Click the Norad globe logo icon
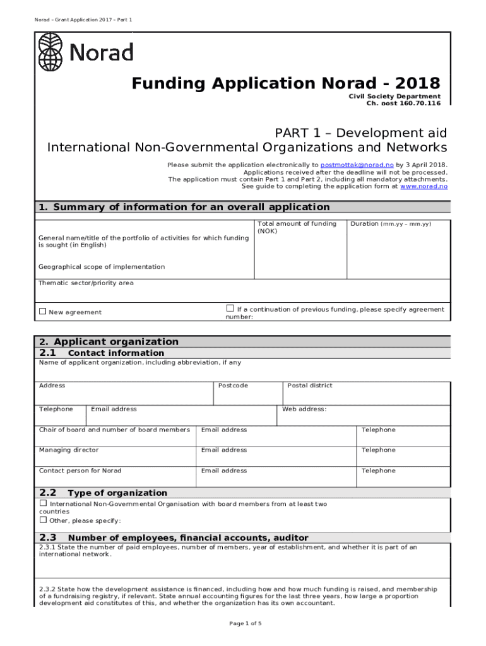point(50,52)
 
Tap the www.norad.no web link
point(424,186)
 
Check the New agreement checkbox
point(43,312)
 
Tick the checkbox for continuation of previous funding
point(230,308)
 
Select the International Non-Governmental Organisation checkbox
point(43,503)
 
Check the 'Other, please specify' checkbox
point(43,520)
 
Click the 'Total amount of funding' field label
point(297,224)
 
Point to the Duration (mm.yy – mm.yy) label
point(391,224)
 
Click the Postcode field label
point(233,385)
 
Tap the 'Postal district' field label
point(309,385)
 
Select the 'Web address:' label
point(304,409)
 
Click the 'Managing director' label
point(69,450)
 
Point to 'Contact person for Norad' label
point(80,471)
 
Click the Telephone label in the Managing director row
point(378,450)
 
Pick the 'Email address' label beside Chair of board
point(224,430)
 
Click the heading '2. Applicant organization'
point(109,341)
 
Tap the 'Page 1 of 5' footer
point(245,624)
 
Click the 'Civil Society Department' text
point(394,96)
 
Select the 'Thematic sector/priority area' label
point(86,283)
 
